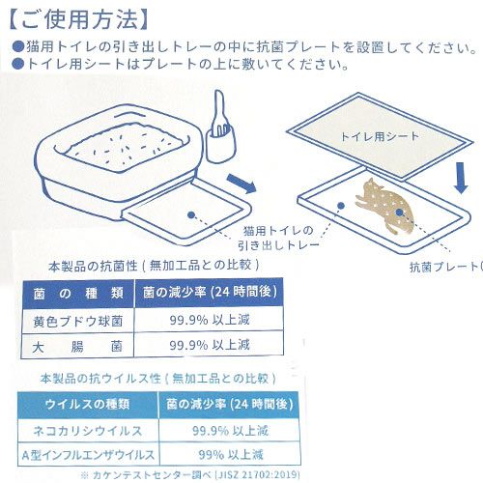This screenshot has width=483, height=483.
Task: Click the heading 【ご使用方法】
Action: click(79, 20)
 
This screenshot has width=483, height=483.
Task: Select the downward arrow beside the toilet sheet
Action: click(462, 178)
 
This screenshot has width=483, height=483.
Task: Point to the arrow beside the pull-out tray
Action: click(241, 184)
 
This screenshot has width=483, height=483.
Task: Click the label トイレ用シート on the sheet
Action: click(380, 136)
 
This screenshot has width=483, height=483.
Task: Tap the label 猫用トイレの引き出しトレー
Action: click(278, 238)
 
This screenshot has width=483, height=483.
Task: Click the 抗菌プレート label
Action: click(446, 267)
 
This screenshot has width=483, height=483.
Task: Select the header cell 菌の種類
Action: click(78, 294)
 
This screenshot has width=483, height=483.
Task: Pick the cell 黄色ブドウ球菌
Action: click(78, 321)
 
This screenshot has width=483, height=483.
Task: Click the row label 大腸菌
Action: click(77, 347)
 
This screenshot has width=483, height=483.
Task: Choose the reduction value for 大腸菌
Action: click(210, 345)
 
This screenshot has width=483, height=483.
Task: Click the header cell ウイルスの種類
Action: click(88, 404)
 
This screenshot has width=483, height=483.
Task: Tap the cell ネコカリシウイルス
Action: click(88, 431)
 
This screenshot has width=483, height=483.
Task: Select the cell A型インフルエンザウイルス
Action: click(88, 455)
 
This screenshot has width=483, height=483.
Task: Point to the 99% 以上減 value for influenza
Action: click(231, 455)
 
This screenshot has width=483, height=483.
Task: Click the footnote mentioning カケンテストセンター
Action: click(190, 475)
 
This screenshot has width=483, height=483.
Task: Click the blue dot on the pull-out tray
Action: click(191, 214)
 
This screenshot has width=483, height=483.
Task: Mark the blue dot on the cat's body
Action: click(399, 213)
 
